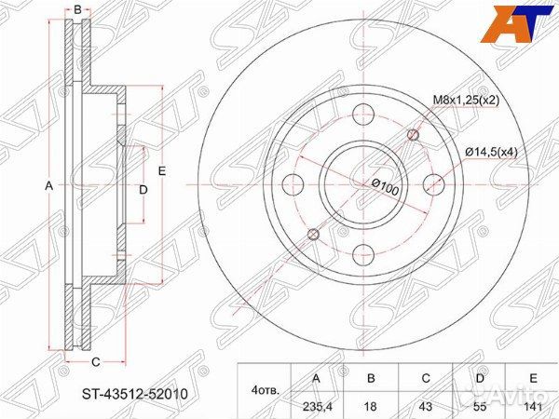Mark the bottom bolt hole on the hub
pyautogui.click(x=363, y=251)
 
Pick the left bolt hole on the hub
pyautogui.click(x=294, y=182)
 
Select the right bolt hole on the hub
pyautogui.click(x=433, y=182)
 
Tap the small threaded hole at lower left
pyautogui.click(x=314, y=234)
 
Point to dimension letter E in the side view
pyautogui.click(x=161, y=170)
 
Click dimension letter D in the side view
pyautogui.click(x=143, y=190)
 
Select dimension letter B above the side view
pyautogui.click(x=77, y=9)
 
